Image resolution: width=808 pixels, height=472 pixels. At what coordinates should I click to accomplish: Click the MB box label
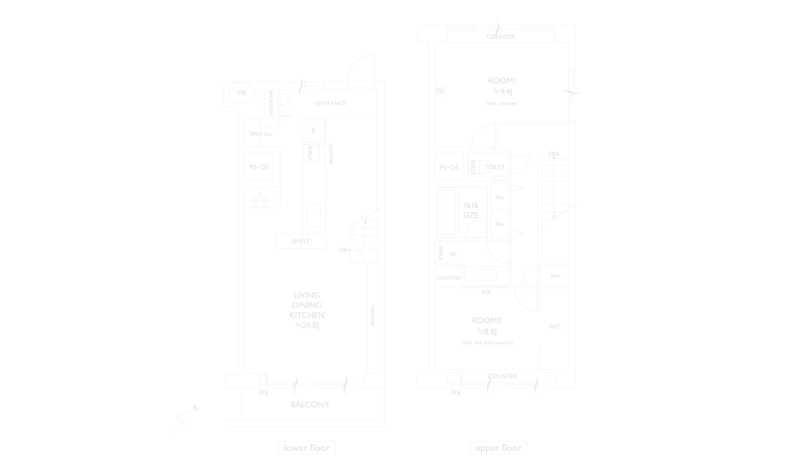point(241,93)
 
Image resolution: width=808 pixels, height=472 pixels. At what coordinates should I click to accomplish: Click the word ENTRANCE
point(330,103)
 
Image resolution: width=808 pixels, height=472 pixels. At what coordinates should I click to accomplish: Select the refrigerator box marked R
point(313,131)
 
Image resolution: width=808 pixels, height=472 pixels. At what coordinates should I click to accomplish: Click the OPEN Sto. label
point(260,134)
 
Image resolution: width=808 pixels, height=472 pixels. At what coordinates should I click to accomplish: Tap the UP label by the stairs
point(343,250)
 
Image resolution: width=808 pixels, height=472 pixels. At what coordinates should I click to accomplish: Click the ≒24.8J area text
point(307,326)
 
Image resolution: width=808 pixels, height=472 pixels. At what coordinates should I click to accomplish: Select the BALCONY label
point(310,404)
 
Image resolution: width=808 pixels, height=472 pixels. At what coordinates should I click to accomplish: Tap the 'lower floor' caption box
point(307,448)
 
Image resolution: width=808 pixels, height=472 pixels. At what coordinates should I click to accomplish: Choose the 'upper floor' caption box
point(498,448)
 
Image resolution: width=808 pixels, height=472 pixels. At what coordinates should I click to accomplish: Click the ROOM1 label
point(502,81)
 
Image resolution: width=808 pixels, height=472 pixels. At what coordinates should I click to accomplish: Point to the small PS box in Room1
point(440,91)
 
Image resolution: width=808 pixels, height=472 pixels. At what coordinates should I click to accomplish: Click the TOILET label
point(495,168)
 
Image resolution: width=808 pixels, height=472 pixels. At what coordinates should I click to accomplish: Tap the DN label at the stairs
point(554,154)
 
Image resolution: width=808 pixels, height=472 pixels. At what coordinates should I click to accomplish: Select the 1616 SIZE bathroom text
point(470,210)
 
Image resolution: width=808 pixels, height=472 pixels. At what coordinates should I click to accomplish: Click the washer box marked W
point(452,254)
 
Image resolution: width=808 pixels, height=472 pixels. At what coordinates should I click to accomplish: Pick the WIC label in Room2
point(554,327)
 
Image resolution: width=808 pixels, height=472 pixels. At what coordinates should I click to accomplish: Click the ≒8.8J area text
point(487,332)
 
